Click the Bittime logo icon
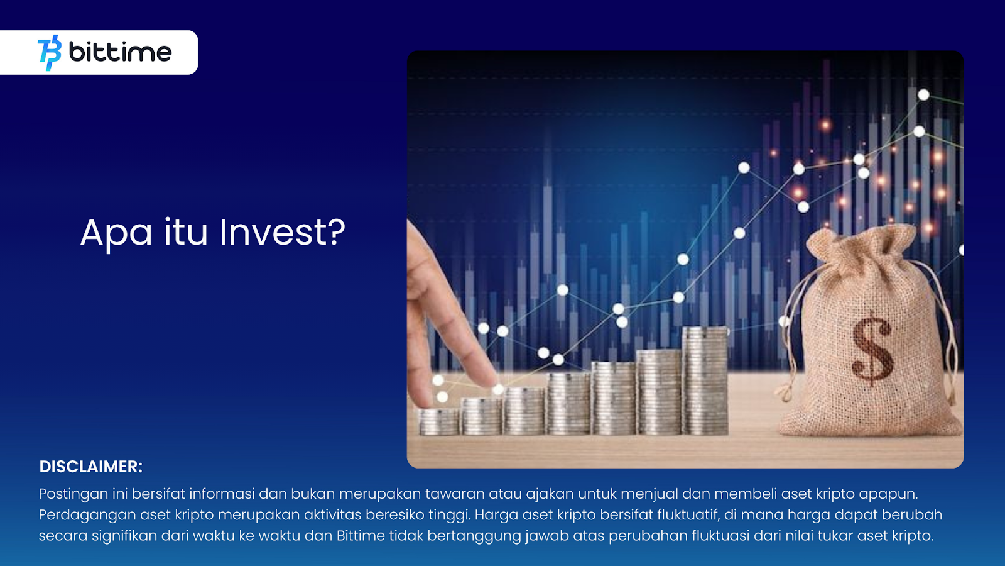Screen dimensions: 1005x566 [x=50, y=53]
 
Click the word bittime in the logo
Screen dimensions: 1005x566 [x=120, y=52]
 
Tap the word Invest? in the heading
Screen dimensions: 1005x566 [x=282, y=232]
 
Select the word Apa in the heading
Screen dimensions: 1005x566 [x=116, y=235]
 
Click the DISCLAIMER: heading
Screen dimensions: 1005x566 [x=90, y=467]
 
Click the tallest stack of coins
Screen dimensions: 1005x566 [x=705, y=380]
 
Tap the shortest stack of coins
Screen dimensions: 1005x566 [x=439, y=422]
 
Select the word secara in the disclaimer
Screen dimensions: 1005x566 [x=63, y=536]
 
